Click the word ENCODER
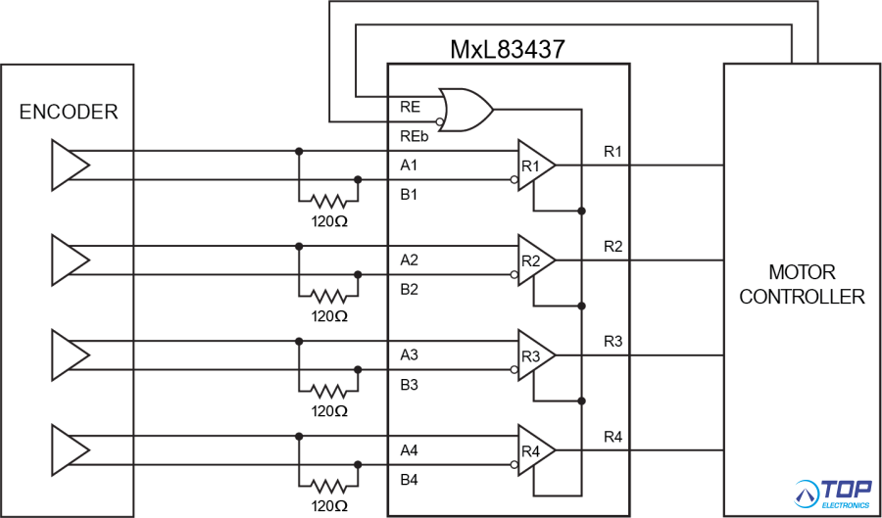point(69,112)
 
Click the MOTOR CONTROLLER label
point(802,284)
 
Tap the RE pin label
point(411,105)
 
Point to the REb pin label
point(414,136)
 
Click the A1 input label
point(410,165)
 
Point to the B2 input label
point(410,290)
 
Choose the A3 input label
point(410,354)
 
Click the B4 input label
point(410,481)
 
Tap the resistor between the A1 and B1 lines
point(328,202)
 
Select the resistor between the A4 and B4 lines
point(328,485)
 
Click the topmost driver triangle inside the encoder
point(69,165)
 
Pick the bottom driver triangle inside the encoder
point(69,450)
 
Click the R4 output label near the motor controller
point(612,436)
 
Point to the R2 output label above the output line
point(612,246)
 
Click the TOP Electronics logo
point(833,494)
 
